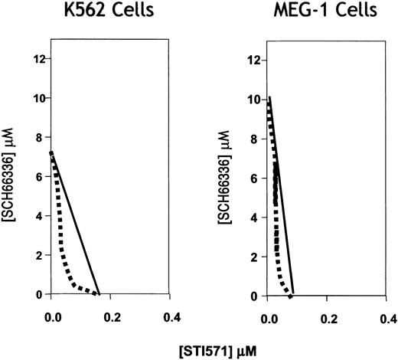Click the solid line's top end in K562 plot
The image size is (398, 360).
[51, 152]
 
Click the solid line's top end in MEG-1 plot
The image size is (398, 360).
[269, 97]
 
